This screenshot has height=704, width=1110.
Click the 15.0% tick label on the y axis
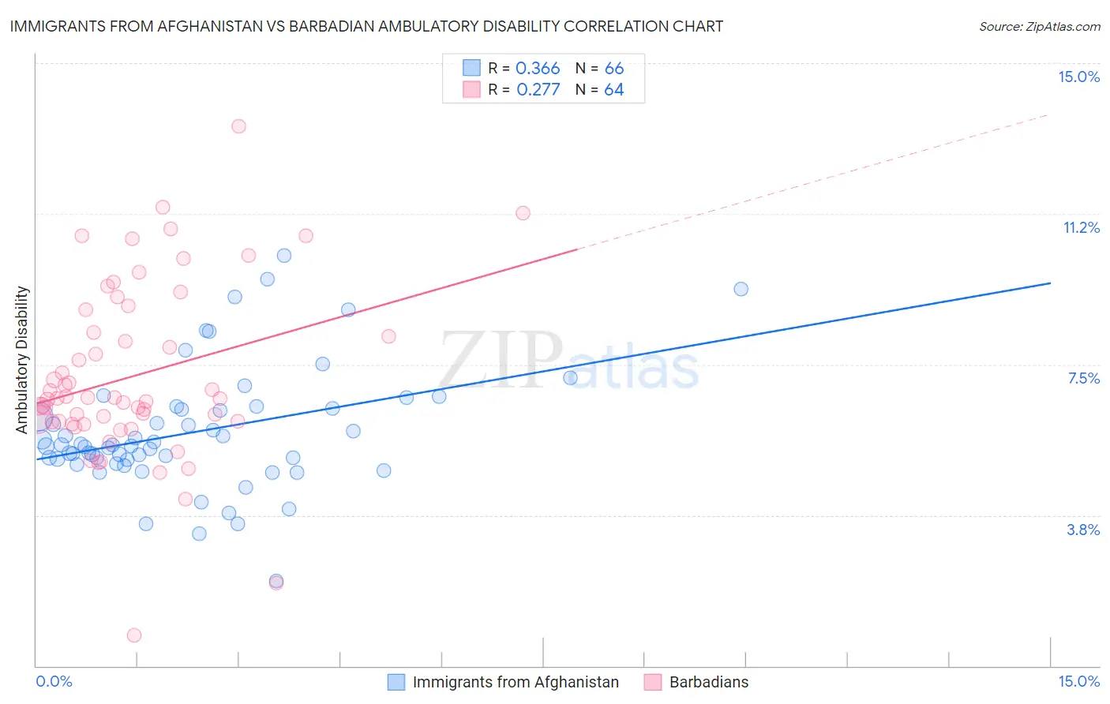1078,77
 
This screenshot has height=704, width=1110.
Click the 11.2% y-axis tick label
1081,227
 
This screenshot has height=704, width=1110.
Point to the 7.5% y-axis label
1083,378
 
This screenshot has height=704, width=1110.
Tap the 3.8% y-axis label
1083,530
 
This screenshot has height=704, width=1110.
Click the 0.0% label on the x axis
54,681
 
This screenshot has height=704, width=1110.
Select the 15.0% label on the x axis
1078,681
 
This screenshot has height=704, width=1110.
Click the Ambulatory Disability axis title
22,359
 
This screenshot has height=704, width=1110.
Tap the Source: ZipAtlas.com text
1039,26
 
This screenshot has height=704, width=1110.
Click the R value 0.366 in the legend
537,69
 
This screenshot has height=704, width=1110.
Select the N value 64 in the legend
613,90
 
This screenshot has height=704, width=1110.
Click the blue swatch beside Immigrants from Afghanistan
396,682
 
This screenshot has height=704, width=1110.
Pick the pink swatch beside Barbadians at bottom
652,682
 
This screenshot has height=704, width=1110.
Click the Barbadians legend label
708,682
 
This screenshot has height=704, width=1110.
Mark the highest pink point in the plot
238,126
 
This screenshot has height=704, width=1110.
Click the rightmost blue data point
741,289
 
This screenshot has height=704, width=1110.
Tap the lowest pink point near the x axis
134,635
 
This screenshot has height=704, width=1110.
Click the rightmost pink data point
523,213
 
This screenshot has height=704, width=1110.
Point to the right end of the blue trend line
1050,283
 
